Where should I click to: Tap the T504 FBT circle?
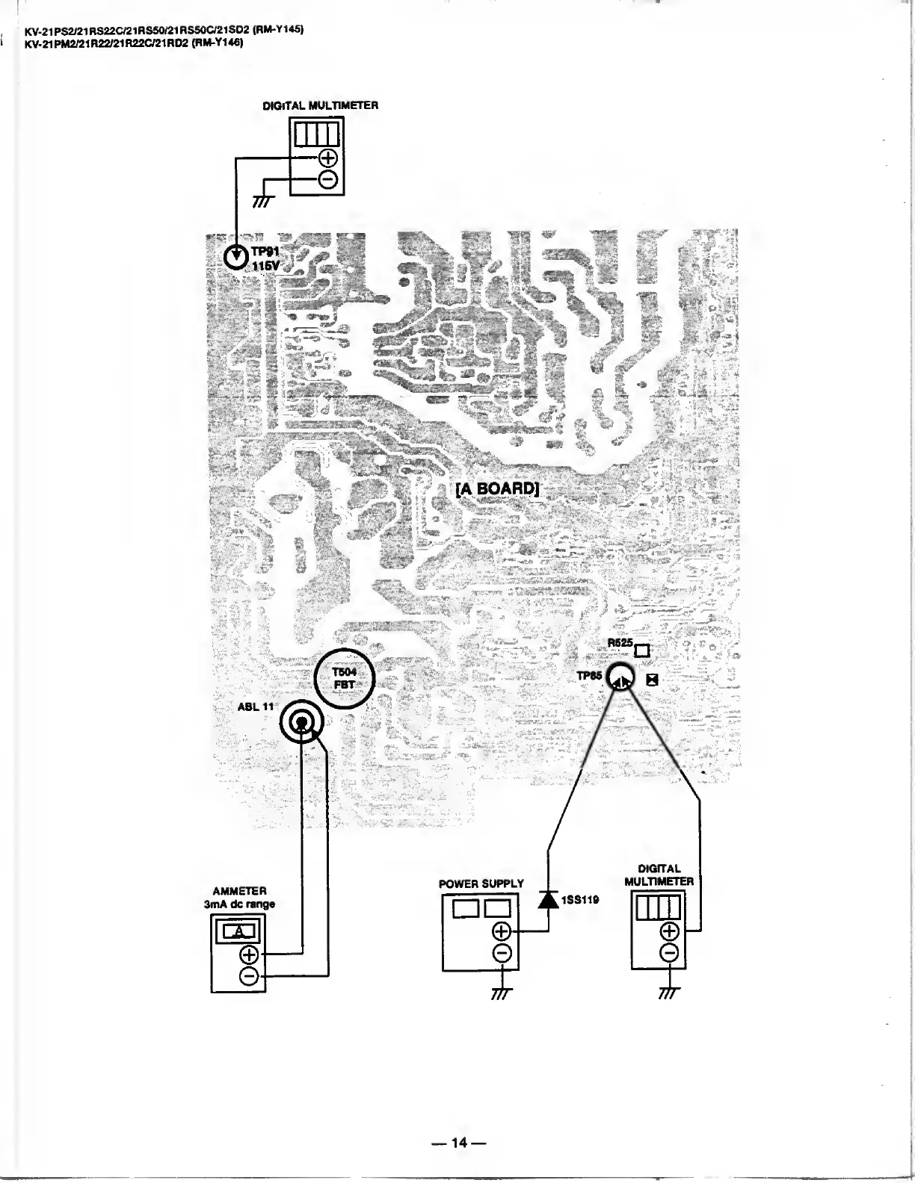pos(343,678)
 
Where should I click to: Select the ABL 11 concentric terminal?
pos(302,722)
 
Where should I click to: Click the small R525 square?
pos(641,651)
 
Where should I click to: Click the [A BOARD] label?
pos(497,489)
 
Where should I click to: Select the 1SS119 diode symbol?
pos(549,900)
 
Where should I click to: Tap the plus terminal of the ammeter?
pos(249,954)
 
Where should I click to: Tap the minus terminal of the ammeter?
pos(249,975)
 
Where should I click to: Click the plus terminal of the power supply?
pos(502,931)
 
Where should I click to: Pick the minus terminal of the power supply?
pos(502,952)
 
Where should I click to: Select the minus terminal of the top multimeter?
pos(327,179)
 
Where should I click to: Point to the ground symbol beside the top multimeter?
pos(262,201)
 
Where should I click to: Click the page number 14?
pos(457,1142)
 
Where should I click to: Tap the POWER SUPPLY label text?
pos(481,884)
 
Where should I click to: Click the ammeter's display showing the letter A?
pos(238,931)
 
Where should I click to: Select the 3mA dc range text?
pos(239,904)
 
